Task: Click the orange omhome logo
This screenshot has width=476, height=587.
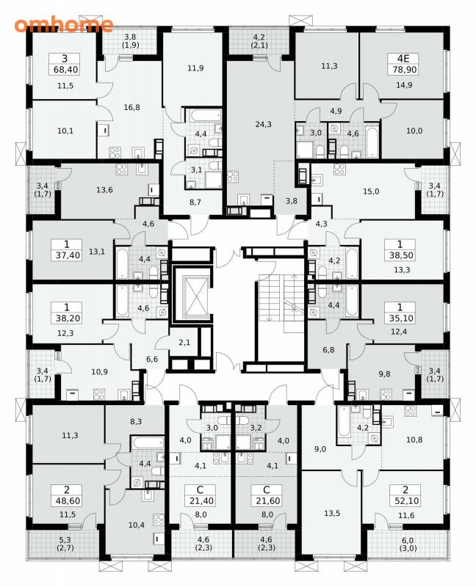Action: pos(64,25)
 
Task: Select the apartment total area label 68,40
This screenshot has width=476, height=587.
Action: pos(65,70)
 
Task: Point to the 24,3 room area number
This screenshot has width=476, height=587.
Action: pos(263,124)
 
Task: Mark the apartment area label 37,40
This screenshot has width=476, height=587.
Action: pos(67,255)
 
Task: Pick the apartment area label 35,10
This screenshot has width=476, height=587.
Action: pos(400,318)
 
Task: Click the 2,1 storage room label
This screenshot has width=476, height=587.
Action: pos(184,342)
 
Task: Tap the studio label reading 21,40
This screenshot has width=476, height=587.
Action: pos(200,501)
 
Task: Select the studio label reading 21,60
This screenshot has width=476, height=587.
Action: pos(267,501)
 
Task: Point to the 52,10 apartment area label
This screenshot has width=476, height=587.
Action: pos(405,501)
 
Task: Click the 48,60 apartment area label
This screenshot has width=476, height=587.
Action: pos(67,501)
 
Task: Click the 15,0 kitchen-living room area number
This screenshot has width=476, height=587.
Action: pos(371,192)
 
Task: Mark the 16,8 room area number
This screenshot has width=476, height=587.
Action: pos(131,107)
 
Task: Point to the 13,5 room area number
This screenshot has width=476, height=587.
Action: pos(332,513)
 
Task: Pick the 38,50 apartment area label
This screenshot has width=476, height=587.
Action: pos(400,255)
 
